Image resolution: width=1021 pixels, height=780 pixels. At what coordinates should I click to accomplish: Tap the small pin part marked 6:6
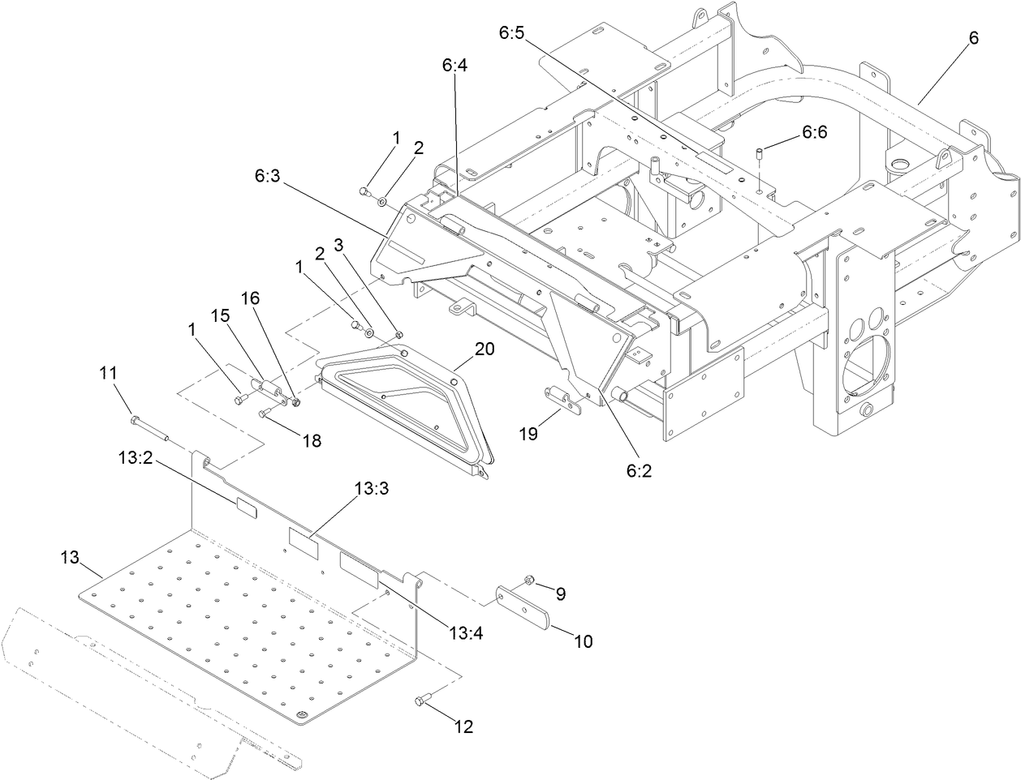point(760,153)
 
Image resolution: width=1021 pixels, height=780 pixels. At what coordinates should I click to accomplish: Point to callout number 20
point(484,349)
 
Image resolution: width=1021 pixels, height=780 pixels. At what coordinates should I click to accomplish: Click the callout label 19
point(528,434)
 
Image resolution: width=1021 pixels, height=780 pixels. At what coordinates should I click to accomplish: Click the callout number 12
point(463,727)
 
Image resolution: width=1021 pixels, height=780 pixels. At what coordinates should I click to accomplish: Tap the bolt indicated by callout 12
point(422,699)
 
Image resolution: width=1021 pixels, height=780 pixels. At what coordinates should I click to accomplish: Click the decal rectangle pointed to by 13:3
point(303,540)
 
